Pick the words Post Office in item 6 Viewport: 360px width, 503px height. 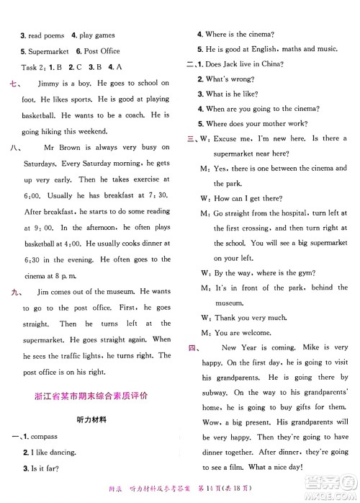click(x=102, y=51)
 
